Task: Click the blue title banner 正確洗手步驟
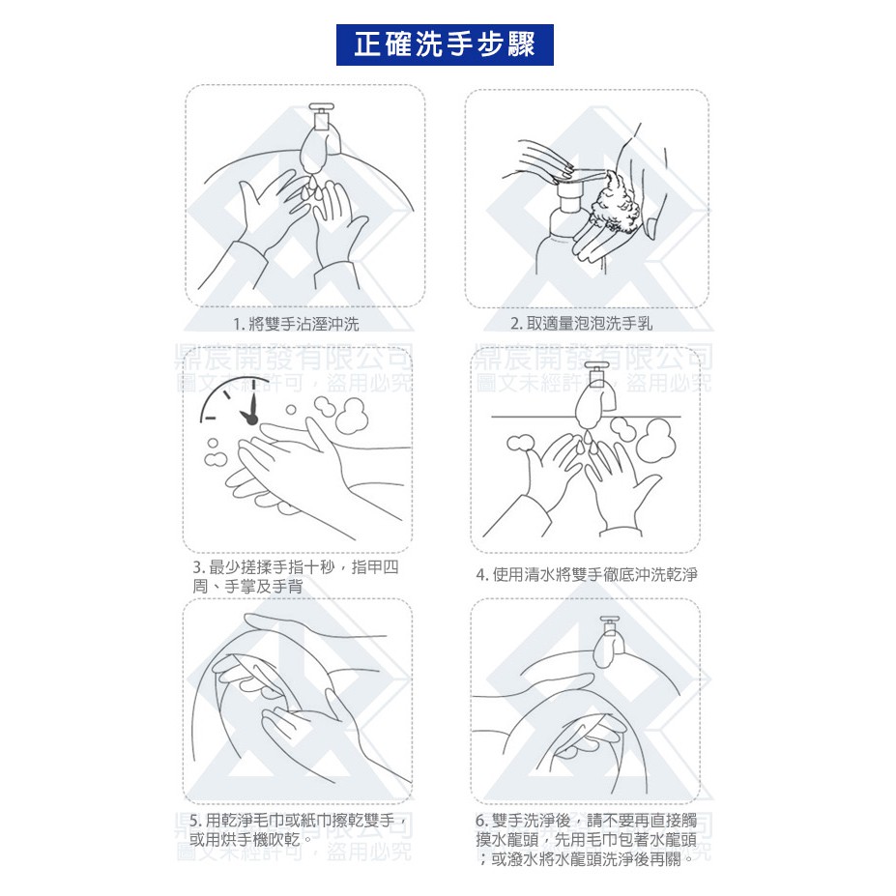pos(445,44)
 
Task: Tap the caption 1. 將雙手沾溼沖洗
pos(296,324)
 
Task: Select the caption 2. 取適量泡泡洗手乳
pos(581,324)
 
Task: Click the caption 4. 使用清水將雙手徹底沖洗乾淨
pos(587,574)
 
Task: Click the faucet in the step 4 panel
pos(595,395)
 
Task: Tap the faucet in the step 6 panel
pos(609,641)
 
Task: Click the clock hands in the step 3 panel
pos(249,407)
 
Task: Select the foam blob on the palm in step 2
pos(616,203)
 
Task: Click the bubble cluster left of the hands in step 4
pos(520,443)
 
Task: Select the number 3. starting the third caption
pos(199,568)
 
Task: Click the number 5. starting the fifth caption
pos(195,822)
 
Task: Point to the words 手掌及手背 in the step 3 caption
pos(264,587)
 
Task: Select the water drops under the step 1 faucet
pos(313,188)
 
